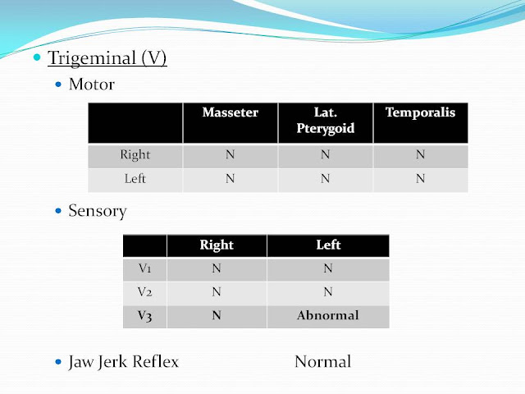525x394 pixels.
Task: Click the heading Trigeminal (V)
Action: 107,59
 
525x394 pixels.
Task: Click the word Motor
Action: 91,85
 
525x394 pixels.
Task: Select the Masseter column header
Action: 230,112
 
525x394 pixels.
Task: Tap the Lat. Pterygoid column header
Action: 325,121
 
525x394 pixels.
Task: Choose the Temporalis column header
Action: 420,112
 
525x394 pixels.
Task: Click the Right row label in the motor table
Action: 135,154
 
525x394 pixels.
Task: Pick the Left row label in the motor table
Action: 135,179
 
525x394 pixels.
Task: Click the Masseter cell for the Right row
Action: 230,154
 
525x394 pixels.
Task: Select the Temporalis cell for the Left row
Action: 420,179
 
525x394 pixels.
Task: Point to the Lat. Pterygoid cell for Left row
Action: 325,179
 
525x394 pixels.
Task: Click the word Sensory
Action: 98,211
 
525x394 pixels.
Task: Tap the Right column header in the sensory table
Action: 217,245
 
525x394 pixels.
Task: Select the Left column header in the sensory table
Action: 327,245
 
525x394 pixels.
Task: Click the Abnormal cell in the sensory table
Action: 327,315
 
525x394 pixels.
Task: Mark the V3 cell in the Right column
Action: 217,315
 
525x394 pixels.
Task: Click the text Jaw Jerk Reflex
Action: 124,361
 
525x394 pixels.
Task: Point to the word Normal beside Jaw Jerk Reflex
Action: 322,361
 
